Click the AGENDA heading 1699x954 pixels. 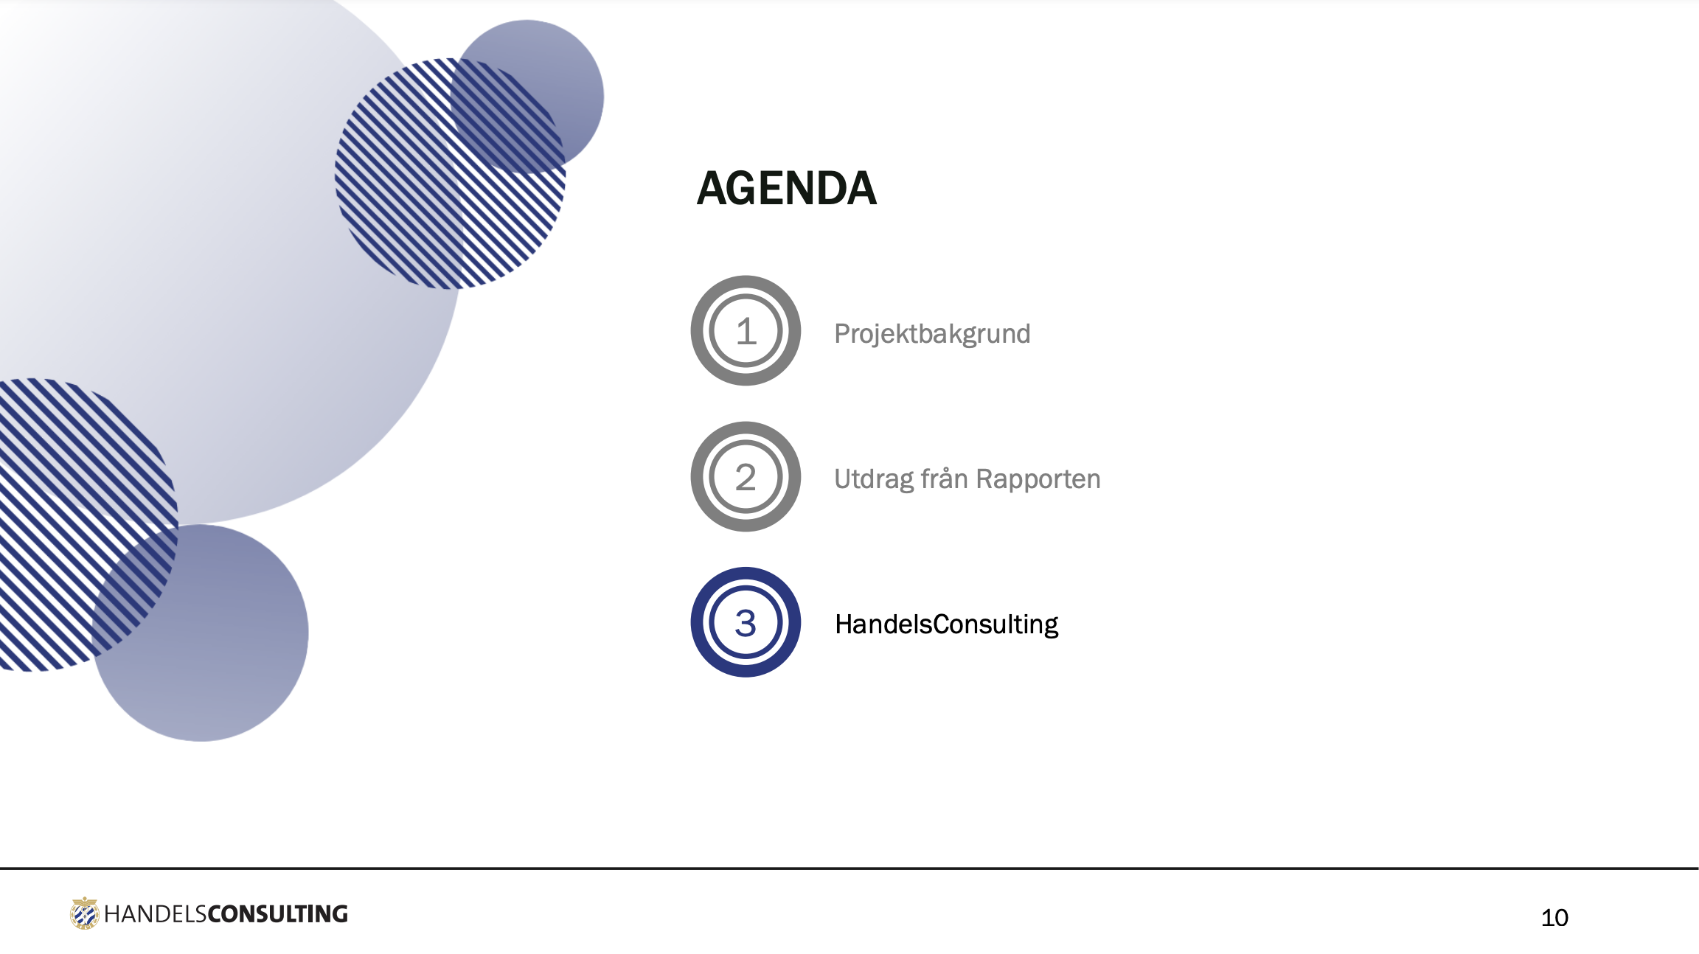(787, 188)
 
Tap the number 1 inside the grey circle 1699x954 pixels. (746, 331)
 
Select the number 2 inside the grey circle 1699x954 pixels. (746, 477)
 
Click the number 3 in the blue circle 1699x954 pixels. (746, 623)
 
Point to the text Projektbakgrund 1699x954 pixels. (932, 334)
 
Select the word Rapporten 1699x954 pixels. (1038, 480)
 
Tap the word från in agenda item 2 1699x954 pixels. (945, 478)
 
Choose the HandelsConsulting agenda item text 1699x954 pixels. (946, 624)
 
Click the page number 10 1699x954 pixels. (1554, 917)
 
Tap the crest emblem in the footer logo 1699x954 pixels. (85, 913)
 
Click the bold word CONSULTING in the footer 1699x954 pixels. (277, 914)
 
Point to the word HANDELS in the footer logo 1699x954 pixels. (156, 914)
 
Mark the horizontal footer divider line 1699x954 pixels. (849, 868)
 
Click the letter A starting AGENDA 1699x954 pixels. (714, 188)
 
